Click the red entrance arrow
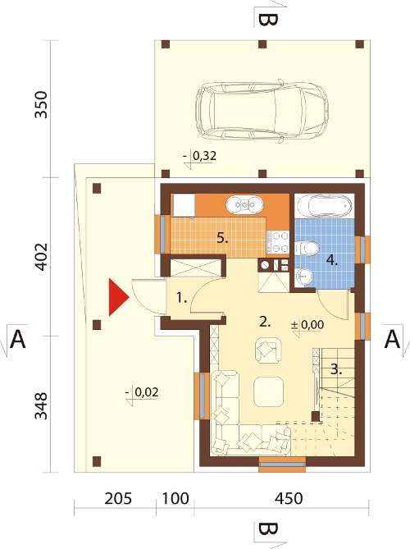118,297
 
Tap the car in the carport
262,112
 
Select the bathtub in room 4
324,205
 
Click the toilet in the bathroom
307,249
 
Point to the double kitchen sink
244,204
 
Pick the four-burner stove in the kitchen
278,242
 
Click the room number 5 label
222,239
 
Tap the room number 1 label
181,299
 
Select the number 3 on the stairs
336,369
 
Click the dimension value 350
41,105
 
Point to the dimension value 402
41,256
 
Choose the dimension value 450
289,499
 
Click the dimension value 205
118,499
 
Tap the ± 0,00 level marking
307,325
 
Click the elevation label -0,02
143,392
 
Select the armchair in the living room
268,350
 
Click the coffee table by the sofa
268,391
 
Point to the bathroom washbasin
303,277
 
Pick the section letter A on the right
392,339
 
